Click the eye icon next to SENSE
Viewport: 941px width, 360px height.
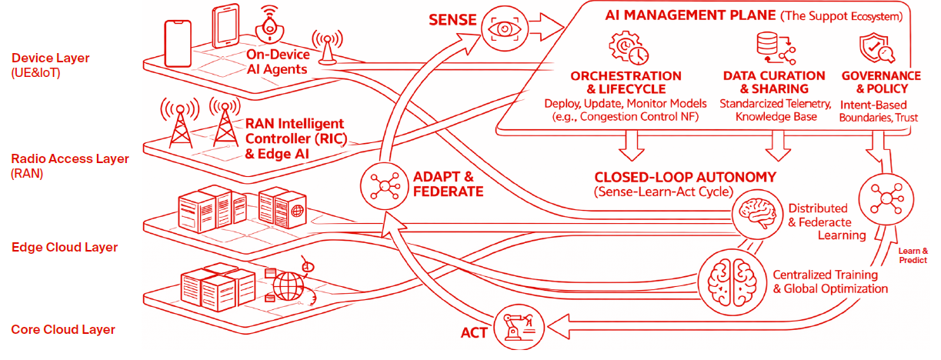(505, 28)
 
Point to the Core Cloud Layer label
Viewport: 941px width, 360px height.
(63, 329)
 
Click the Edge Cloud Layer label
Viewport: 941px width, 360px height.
(65, 247)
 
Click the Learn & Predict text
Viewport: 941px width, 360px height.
(913, 255)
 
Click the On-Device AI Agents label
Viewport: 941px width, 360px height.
(278, 62)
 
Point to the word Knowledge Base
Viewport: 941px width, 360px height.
(771, 117)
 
